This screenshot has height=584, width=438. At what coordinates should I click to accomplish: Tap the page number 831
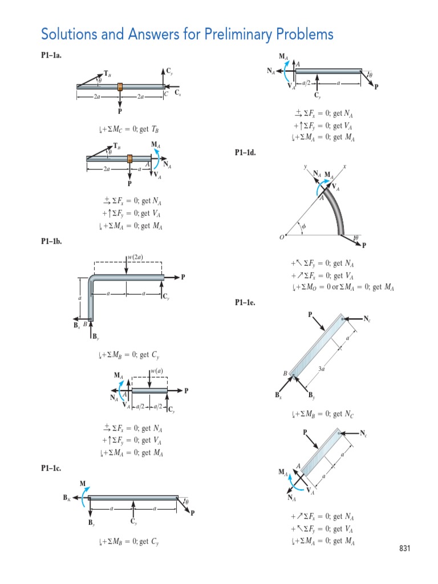404,549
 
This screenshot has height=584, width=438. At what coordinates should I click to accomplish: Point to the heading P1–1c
51,468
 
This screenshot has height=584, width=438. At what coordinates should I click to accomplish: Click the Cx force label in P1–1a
178,92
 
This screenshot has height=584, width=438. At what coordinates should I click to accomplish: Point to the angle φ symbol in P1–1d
304,226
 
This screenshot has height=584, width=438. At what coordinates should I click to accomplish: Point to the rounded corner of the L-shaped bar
93,279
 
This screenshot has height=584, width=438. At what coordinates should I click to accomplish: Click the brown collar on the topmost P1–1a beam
120,87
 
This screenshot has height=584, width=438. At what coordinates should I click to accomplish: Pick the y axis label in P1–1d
306,167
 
